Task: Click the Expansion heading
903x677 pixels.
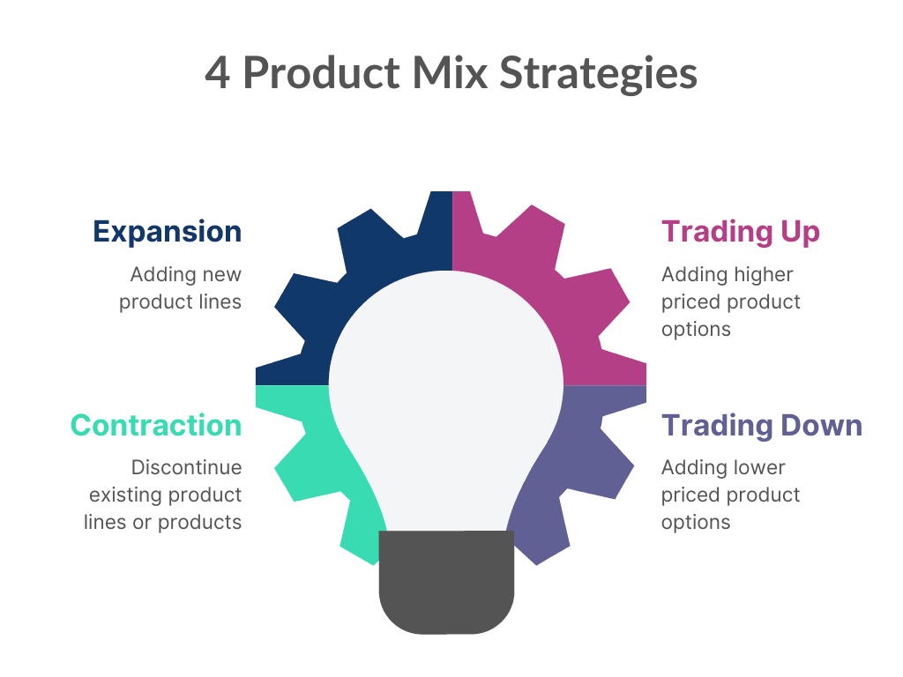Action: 167,232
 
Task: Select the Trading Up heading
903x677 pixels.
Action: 740,232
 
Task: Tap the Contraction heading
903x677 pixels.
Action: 156,426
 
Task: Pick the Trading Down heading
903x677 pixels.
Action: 761,427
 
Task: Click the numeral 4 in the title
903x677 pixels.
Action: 218,74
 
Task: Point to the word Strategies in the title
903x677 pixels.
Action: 599,74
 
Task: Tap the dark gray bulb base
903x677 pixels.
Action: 446,582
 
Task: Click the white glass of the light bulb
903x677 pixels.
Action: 445,391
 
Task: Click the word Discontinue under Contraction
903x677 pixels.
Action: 187,467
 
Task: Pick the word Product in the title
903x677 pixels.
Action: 321,72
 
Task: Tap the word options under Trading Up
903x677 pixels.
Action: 696,331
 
